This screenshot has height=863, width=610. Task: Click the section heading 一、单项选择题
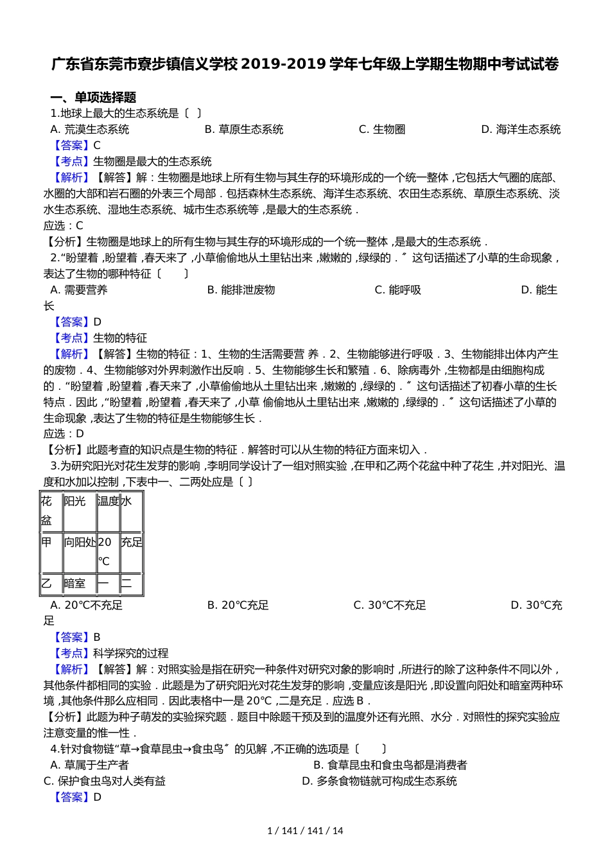(x=93, y=98)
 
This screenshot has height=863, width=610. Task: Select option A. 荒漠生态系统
(x=89, y=129)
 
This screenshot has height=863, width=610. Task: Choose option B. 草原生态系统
(x=243, y=129)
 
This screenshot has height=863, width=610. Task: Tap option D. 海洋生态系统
(x=521, y=129)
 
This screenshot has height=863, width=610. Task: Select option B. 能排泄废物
(x=241, y=290)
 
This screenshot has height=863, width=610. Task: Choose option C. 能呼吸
(x=397, y=290)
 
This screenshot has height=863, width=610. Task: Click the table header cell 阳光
(x=74, y=501)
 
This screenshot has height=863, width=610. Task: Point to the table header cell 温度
(x=108, y=501)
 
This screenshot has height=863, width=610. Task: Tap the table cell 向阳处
(x=80, y=542)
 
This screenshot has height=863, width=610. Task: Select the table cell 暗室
(x=74, y=583)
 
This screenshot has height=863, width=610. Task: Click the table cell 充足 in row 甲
(x=131, y=542)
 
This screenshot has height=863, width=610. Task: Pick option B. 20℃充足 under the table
(x=238, y=605)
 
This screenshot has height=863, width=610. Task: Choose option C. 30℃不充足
(x=389, y=605)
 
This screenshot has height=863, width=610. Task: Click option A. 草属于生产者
(x=89, y=765)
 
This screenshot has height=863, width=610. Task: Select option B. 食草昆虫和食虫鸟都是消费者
(x=390, y=765)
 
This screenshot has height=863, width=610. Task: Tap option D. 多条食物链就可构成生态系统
(x=379, y=781)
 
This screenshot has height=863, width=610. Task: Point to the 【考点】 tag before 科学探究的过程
(x=71, y=653)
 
